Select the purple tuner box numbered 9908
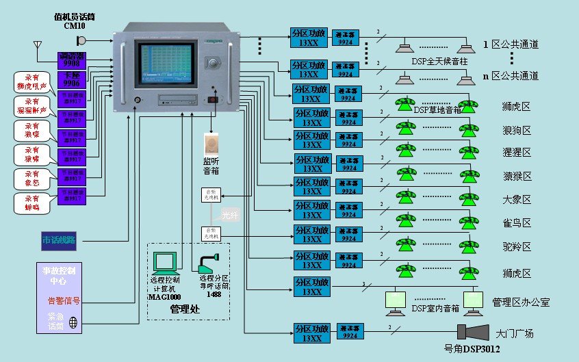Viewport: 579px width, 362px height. [71, 58]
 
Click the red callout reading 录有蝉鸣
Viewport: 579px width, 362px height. [32, 202]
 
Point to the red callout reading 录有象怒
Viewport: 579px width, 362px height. [32, 178]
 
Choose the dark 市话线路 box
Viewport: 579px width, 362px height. [59, 240]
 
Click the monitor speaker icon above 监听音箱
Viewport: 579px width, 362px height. [210, 143]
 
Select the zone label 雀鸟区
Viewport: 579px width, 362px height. [516, 223]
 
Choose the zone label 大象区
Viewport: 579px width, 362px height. [516, 200]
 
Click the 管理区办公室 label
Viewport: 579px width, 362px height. [521, 302]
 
